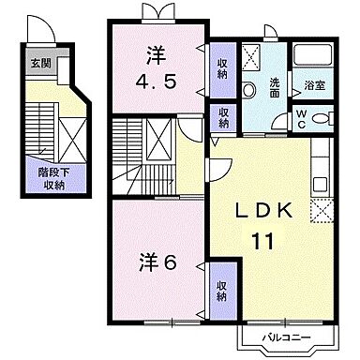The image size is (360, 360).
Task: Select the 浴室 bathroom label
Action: click(x=313, y=84)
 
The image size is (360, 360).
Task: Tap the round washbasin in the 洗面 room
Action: click(x=249, y=91)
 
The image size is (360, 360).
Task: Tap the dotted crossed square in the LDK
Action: click(x=323, y=210)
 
